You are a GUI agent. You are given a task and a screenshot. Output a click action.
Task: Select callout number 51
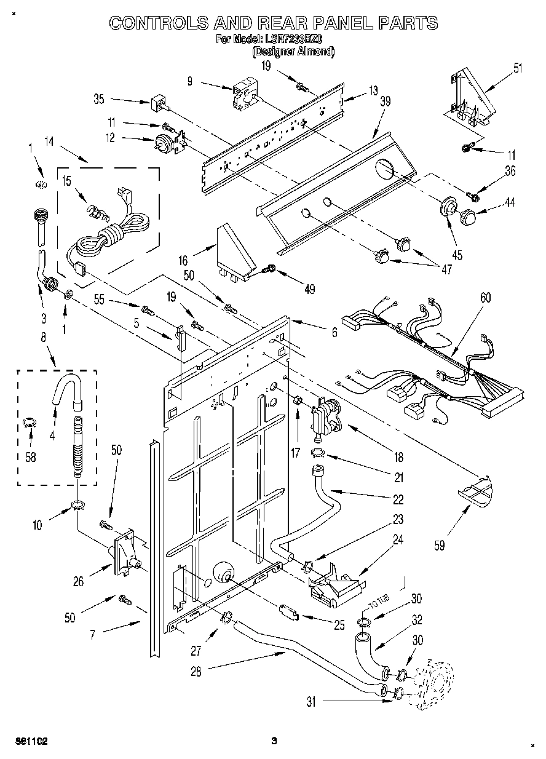[518, 68]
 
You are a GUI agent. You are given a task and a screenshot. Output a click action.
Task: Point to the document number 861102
[30, 741]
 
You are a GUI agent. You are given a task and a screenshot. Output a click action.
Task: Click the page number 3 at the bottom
[275, 741]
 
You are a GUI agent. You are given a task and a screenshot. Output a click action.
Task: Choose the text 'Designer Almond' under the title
[294, 52]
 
